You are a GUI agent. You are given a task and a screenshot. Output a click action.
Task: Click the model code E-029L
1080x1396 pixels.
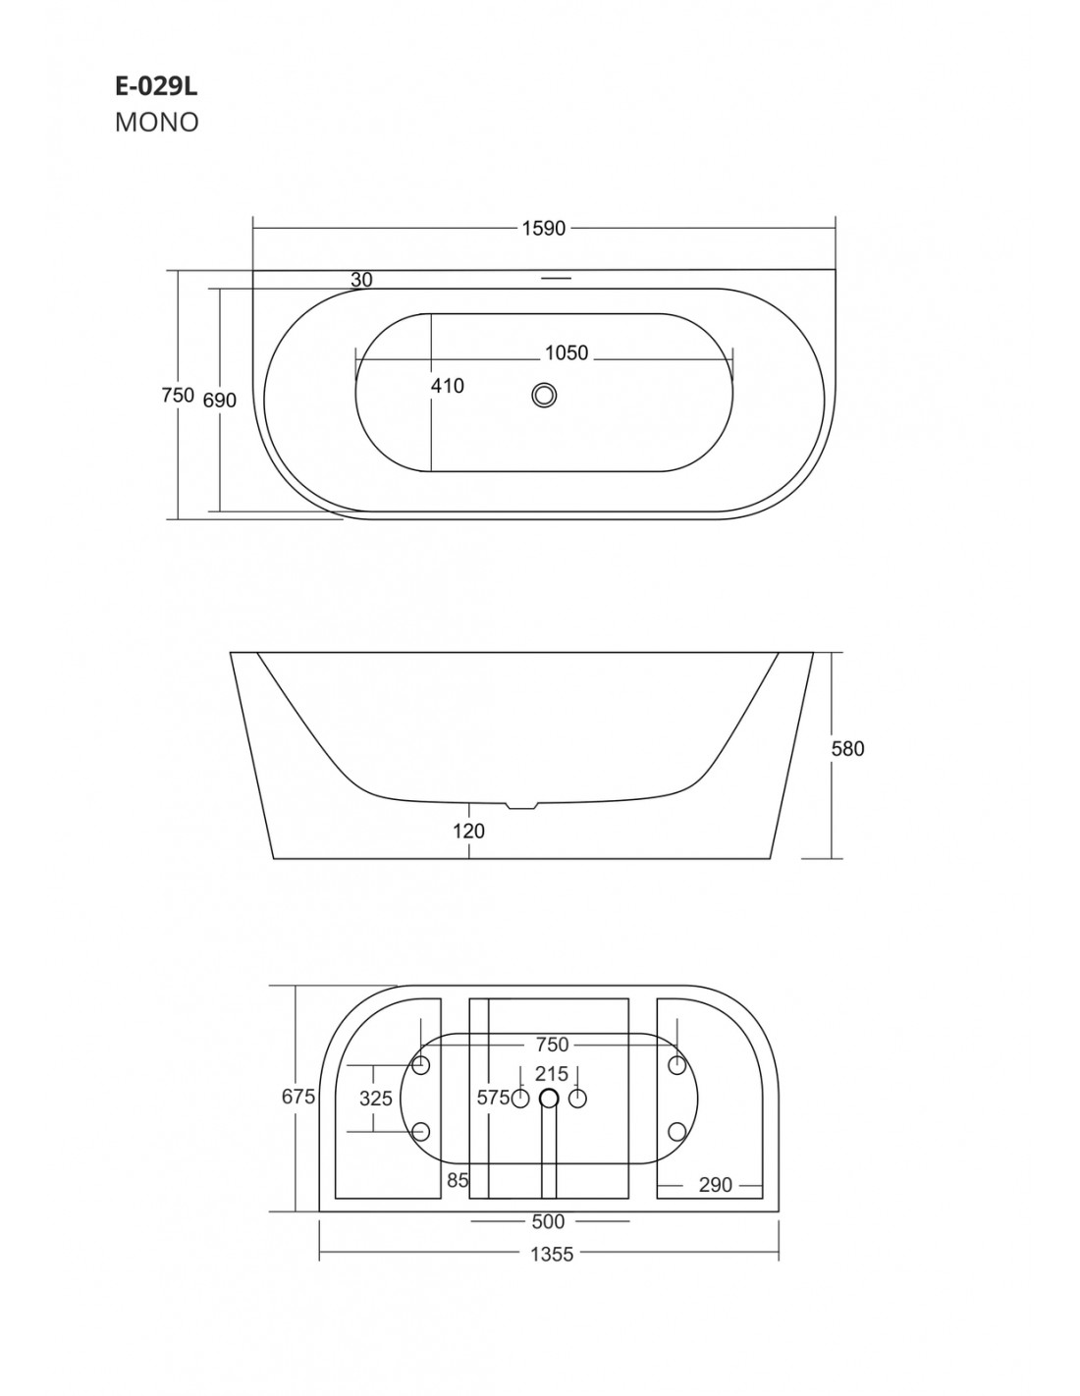tap(156, 86)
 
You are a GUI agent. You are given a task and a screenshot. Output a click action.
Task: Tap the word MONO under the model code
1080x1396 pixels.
tap(157, 122)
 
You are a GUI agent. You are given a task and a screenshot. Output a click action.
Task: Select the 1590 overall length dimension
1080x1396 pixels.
tap(544, 228)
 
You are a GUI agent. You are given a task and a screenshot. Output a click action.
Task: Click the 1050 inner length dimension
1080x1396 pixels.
tap(567, 352)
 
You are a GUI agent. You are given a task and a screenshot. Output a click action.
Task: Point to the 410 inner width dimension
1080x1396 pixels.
tap(447, 386)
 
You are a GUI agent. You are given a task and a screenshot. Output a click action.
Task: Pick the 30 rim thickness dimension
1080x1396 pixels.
tap(361, 280)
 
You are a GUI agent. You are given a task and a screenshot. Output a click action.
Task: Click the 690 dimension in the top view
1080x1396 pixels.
tap(220, 401)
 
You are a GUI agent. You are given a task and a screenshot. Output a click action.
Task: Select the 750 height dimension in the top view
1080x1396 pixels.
tap(178, 395)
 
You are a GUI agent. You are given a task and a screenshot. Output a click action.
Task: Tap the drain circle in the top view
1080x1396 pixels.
tap(544, 395)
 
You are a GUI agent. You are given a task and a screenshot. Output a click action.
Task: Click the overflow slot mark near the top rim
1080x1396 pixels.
tap(556, 278)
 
